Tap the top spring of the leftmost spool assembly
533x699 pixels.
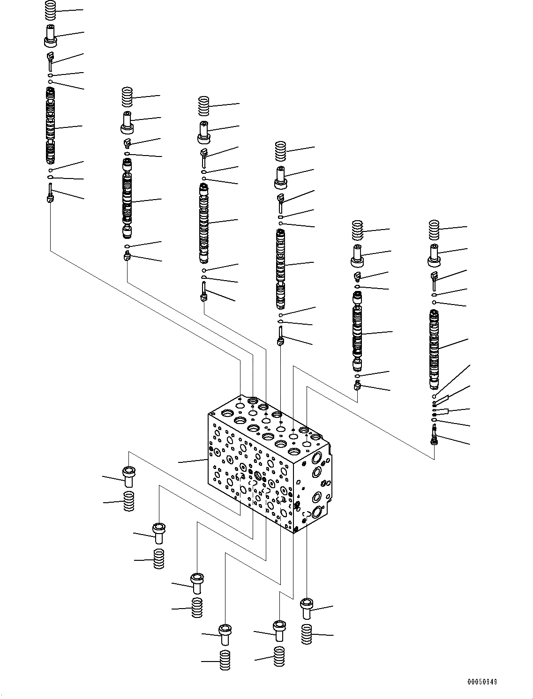(x=51, y=10)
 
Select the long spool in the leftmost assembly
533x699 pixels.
(x=51, y=125)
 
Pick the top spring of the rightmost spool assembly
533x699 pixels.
(x=434, y=229)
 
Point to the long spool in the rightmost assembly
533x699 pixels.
(x=434, y=349)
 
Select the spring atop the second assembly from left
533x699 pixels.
(x=127, y=97)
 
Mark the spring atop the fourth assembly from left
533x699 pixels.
(x=280, y=150)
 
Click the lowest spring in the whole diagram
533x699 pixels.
(x=225, y=660)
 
